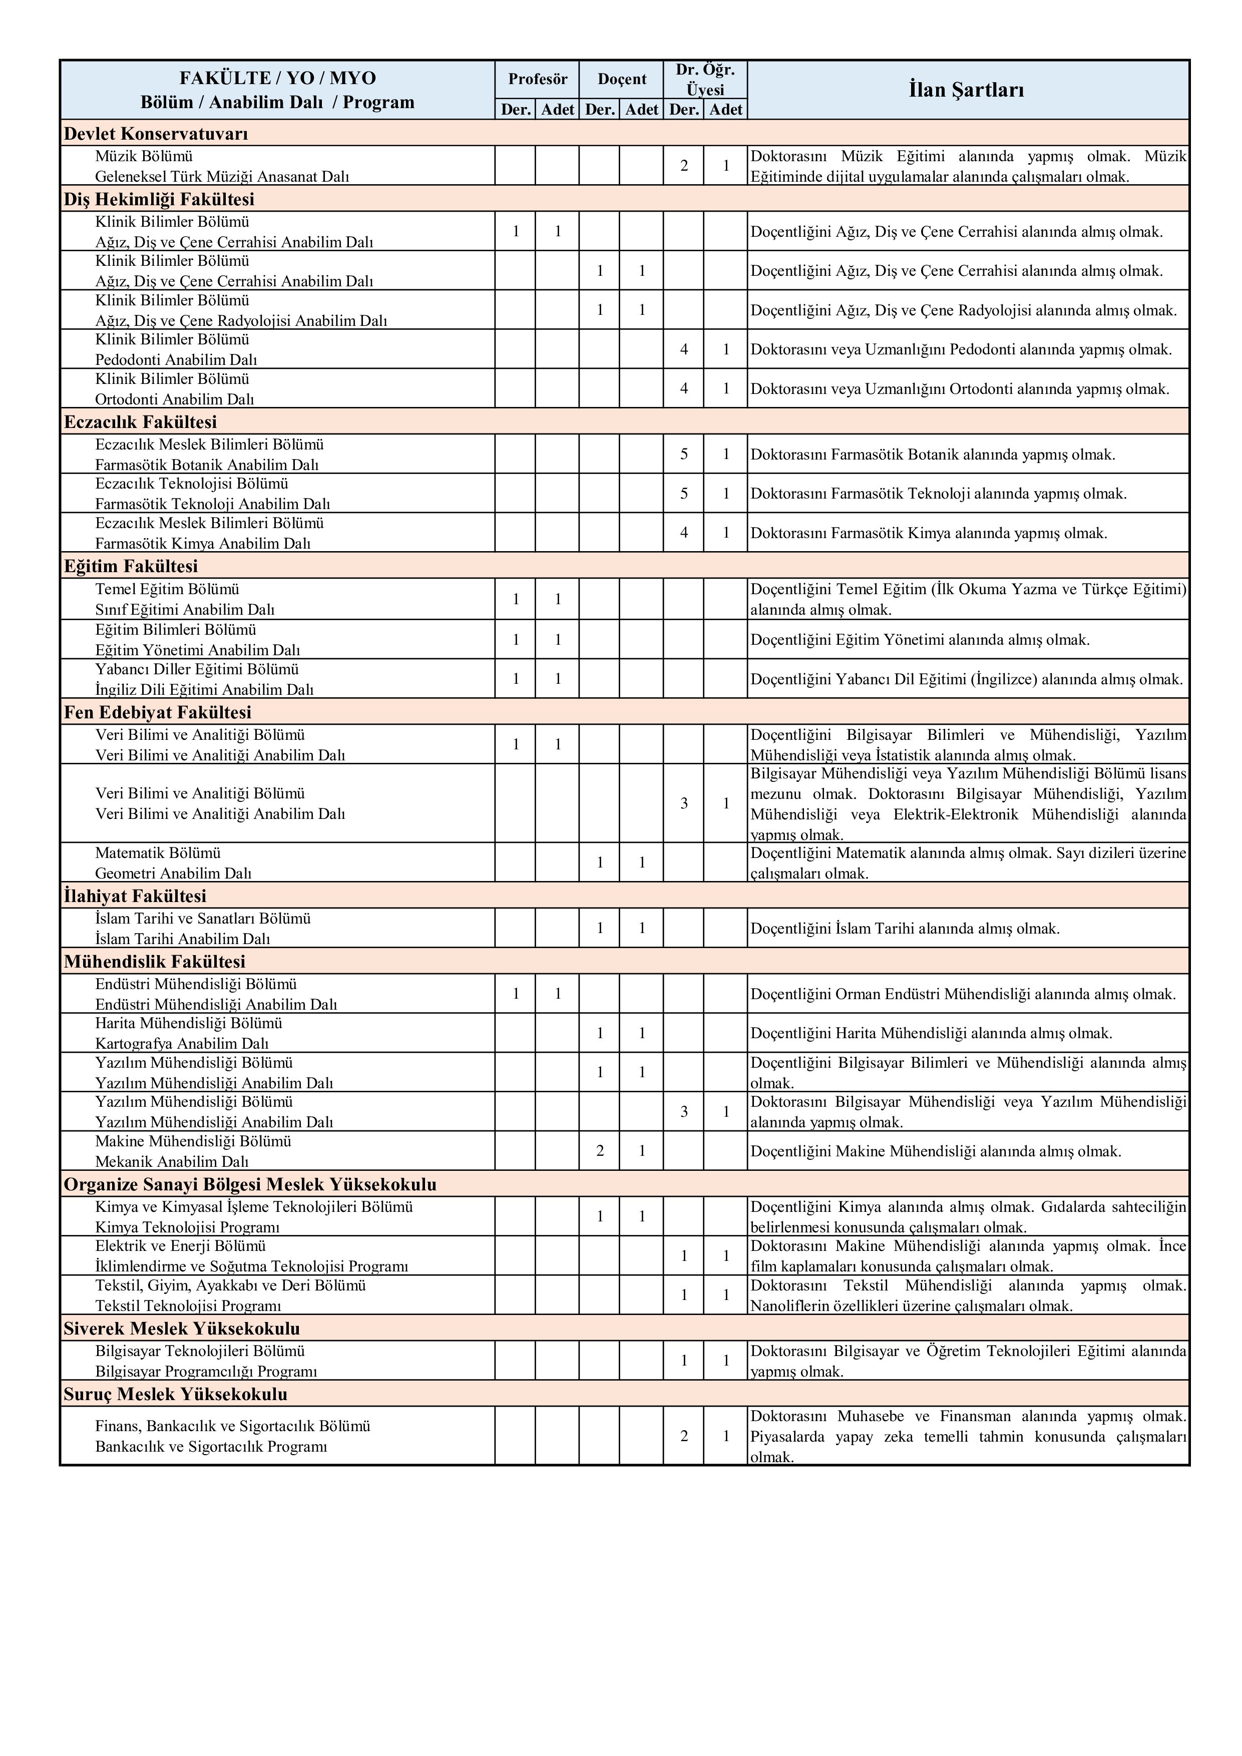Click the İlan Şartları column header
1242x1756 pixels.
tap(967, 90)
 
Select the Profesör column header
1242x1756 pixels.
tap(538, 79)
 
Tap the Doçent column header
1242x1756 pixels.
tap(622, 79)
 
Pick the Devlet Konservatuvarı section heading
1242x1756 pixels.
tap(156, 134)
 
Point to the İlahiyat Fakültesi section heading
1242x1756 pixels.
tap(135, 896)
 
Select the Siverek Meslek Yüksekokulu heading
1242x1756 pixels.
tap(181, 1329)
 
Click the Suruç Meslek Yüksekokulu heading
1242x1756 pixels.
tap(175, 1394)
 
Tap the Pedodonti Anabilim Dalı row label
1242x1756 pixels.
tap(176, 359)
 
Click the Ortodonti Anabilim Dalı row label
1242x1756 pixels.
tap(174, 398)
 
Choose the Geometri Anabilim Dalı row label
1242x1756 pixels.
tap(173, 872)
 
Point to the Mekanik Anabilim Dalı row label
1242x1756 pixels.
tap(171, 1161)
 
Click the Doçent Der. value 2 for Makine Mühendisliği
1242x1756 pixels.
tap(600, 1151)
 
